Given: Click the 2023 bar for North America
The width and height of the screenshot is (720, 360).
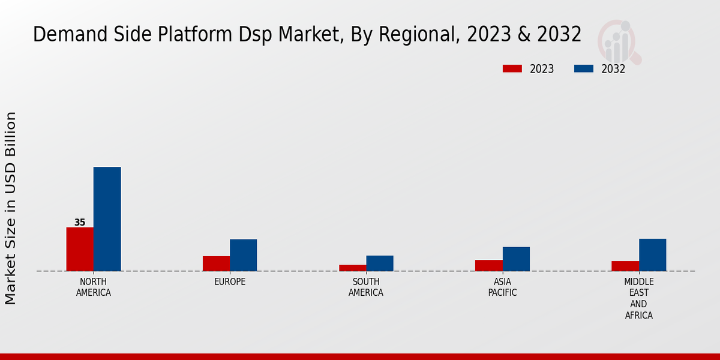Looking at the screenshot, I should (80, 249).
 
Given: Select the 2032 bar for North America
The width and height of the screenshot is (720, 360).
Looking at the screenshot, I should (107, 219).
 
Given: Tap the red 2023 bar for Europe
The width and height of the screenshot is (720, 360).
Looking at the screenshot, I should (216, 263).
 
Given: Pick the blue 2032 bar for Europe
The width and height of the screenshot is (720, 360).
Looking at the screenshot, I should (243, 255).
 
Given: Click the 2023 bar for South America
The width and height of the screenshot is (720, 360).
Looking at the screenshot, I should (352, 268).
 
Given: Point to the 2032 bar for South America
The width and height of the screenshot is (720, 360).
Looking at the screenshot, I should (380, 263).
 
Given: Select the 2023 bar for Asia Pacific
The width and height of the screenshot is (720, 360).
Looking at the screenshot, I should (488, 265).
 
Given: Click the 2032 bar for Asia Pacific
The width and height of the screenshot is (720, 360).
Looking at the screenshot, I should (516, 259).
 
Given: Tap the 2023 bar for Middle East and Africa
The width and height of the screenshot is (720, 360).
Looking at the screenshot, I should (625, 266).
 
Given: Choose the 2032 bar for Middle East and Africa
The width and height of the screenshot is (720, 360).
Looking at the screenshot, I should (652, 255).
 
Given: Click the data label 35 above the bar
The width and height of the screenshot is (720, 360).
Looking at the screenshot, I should (80, 223).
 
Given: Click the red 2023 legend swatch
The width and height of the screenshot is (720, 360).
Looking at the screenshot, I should (512, 68).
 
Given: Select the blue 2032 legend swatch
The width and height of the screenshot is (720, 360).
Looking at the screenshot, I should (583, 68).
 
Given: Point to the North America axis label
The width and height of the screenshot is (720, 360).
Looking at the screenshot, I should (94, 287).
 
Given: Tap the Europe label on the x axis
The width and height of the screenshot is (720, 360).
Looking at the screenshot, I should (230, 282).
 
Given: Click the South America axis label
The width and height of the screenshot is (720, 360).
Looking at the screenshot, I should (366, 287).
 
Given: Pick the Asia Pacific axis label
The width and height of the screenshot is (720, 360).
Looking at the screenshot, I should (502, 287).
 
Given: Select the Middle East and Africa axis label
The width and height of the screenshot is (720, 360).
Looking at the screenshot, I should (638, 298).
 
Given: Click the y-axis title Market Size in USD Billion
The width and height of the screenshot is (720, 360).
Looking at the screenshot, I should (11, 208).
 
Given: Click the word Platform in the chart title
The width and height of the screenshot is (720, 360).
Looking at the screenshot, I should (190, 35).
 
